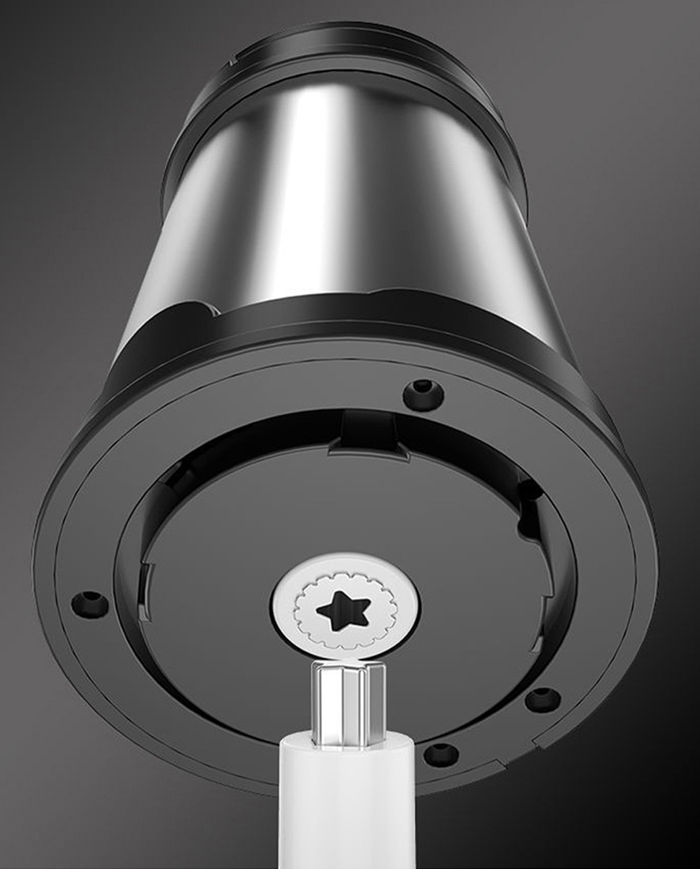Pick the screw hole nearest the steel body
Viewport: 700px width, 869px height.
tap(424, 393)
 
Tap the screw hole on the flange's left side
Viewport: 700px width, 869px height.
tap(89, 603)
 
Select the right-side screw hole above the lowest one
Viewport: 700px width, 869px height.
tap(542, 700)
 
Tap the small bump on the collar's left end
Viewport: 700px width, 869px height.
tap(207, 311)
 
